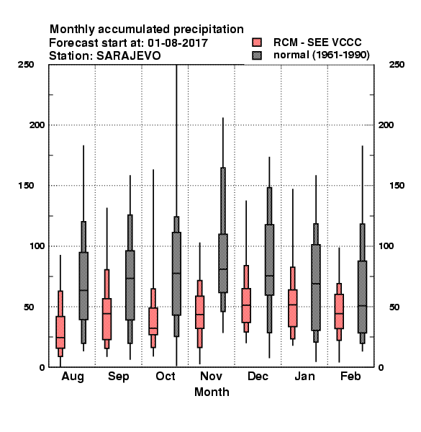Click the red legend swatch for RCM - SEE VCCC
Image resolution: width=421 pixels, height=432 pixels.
257,42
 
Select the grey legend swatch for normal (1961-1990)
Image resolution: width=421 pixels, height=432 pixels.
257,55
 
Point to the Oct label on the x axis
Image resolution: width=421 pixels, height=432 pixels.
166,376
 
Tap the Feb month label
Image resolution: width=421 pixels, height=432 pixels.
350,376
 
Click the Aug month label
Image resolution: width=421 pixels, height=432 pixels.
73,377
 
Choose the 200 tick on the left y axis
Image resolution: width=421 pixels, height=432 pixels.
37,125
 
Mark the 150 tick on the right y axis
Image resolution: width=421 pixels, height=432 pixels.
397,186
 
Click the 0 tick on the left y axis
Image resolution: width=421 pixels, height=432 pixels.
42,367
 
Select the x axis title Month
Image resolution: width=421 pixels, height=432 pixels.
212,392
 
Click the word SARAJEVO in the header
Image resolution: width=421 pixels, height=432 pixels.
129,56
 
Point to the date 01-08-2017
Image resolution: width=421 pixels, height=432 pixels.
178,43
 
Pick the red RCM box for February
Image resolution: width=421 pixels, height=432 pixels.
339,311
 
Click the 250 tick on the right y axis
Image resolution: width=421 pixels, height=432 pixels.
397,65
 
